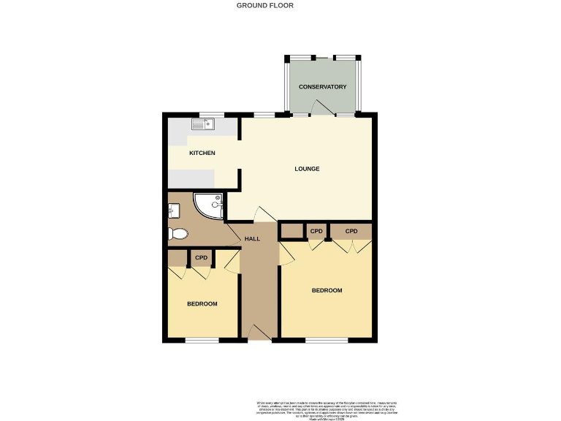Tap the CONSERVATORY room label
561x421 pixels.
322,87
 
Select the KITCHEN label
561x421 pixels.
202,153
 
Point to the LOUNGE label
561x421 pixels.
307,169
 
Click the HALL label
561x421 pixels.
252,239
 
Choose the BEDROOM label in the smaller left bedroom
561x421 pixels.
202,304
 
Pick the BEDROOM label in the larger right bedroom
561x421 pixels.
327,290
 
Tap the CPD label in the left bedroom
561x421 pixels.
202,258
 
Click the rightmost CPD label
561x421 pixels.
351,232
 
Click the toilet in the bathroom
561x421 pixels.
178,234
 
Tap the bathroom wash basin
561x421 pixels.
172,211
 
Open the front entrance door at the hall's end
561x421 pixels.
259,333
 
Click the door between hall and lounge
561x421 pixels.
264,213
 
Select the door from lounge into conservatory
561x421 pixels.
322,108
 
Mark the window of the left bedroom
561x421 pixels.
202,341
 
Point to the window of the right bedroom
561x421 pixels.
327,341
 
